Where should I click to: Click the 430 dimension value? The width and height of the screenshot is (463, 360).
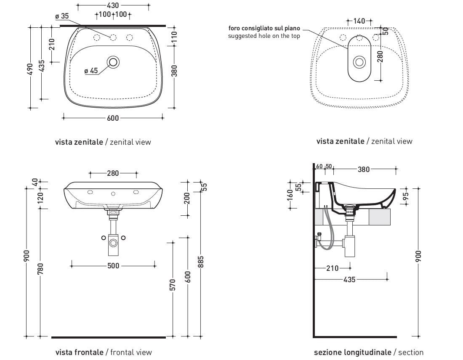[113, 5]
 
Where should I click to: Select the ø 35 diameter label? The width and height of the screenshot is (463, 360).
[62, 16]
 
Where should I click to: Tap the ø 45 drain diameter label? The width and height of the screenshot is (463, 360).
[91, 71]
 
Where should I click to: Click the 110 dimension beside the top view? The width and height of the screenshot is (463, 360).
[174, 38]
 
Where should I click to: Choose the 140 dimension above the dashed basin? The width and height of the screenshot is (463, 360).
[359, 21]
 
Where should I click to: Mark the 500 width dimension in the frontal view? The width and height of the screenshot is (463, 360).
[113, 265]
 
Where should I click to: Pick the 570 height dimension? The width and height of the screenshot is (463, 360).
[173, 288]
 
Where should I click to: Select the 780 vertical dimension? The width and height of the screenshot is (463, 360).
[40, 269]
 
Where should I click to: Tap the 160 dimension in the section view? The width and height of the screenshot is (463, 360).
[290, 194]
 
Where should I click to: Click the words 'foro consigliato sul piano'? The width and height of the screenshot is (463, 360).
[264, 29]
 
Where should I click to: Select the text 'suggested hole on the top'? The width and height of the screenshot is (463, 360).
[264, 36]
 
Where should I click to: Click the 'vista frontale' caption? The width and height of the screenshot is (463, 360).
[79, 352]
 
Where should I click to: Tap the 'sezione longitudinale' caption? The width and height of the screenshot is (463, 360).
[352, 352]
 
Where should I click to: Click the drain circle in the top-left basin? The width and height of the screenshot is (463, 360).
[113, 62]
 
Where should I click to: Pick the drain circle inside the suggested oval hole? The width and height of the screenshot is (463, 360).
[359, 62]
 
